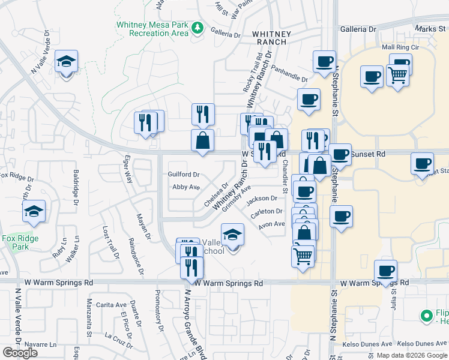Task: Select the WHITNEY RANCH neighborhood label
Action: tap(272, 39)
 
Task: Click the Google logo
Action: tap(20, 353)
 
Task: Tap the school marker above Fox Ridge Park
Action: tap(34, 211)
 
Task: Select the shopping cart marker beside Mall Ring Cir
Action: tap(397, 76)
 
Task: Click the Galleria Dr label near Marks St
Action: tap(358, 28)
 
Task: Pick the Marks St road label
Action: tap(430, 28)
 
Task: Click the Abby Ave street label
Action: tap(185, 187)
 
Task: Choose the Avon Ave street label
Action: tap(271, 224)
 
